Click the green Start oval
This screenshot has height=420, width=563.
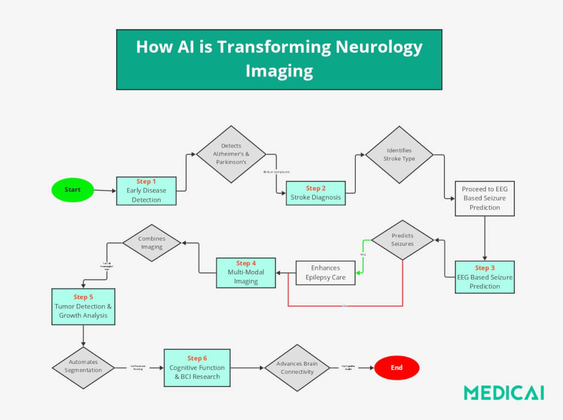click(x=73, y=190)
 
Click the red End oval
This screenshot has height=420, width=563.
click(x=396, y=368)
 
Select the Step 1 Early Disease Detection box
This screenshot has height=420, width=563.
click(x=146, y=191)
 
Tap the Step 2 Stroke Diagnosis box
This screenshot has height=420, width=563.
click(x=316, y=193)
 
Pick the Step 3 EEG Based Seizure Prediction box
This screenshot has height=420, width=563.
click(x=485, y=277)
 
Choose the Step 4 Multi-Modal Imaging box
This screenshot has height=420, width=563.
click(x=246, y=272)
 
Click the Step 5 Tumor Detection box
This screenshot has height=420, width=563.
click(x=83, y=306)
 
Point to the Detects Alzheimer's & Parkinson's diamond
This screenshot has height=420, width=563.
click(x=231, y=154)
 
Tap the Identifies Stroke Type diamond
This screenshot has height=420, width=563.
click(x=399, y=154)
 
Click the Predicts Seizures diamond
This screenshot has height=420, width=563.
click(x=402, y=240)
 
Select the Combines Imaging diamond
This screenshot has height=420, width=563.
click(x=152, y=243)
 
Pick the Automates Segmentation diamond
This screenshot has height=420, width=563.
click(x=84, y=367)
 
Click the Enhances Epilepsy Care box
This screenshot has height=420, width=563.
click(x=325, y=273)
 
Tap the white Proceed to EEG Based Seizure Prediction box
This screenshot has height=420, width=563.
click(x=484, y=198)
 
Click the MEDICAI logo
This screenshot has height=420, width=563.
click(x=504, y=393)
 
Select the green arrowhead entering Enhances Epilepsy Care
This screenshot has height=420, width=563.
click(x=358, y=272)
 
